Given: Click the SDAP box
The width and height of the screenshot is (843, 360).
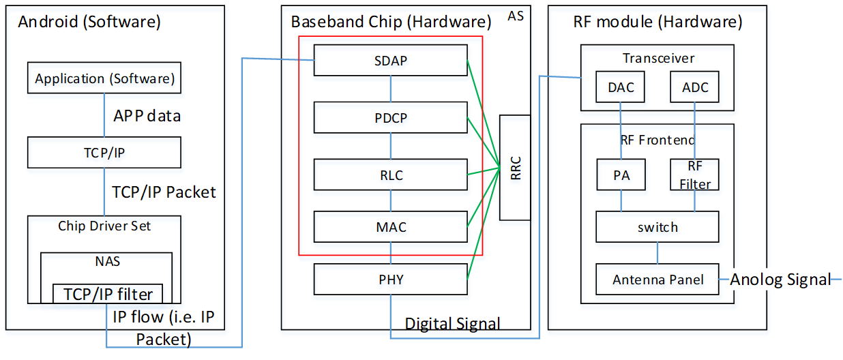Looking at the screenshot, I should point(390,60).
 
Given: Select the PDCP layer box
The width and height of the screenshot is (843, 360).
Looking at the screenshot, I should point(390,117).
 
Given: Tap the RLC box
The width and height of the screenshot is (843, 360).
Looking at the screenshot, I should point(390,175).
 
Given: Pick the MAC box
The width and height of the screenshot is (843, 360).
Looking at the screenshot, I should point(390,226).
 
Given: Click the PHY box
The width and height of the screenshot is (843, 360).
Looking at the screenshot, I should point(390,279).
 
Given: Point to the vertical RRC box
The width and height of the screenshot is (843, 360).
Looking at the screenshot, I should point(516,168).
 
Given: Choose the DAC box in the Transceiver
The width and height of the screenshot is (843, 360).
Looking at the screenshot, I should point(621,87).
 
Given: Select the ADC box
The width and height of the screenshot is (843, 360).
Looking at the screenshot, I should point(695,87).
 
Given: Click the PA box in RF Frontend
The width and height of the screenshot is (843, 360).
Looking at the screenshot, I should point(621,175).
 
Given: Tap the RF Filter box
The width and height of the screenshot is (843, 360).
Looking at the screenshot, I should point(694,175).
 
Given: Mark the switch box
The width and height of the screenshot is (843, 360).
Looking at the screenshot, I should point(657,226).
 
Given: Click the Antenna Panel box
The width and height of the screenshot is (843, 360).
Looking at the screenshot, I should point(657,279).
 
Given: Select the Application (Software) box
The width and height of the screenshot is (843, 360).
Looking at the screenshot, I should point(104,78).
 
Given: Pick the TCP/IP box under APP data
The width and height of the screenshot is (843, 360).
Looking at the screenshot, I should point(104,152).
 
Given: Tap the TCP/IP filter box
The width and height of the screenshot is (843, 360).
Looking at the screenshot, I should point(108,294).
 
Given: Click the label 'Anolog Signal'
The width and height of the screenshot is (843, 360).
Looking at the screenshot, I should point(780,279).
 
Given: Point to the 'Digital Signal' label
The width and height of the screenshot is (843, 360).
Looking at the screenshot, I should point(453,323).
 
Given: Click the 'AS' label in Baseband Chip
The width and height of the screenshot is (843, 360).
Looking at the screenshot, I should point(516,15).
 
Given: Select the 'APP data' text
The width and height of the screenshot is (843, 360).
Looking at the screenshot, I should point(147,116).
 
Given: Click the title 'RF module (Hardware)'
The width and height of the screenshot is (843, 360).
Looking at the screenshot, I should point(657,21).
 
